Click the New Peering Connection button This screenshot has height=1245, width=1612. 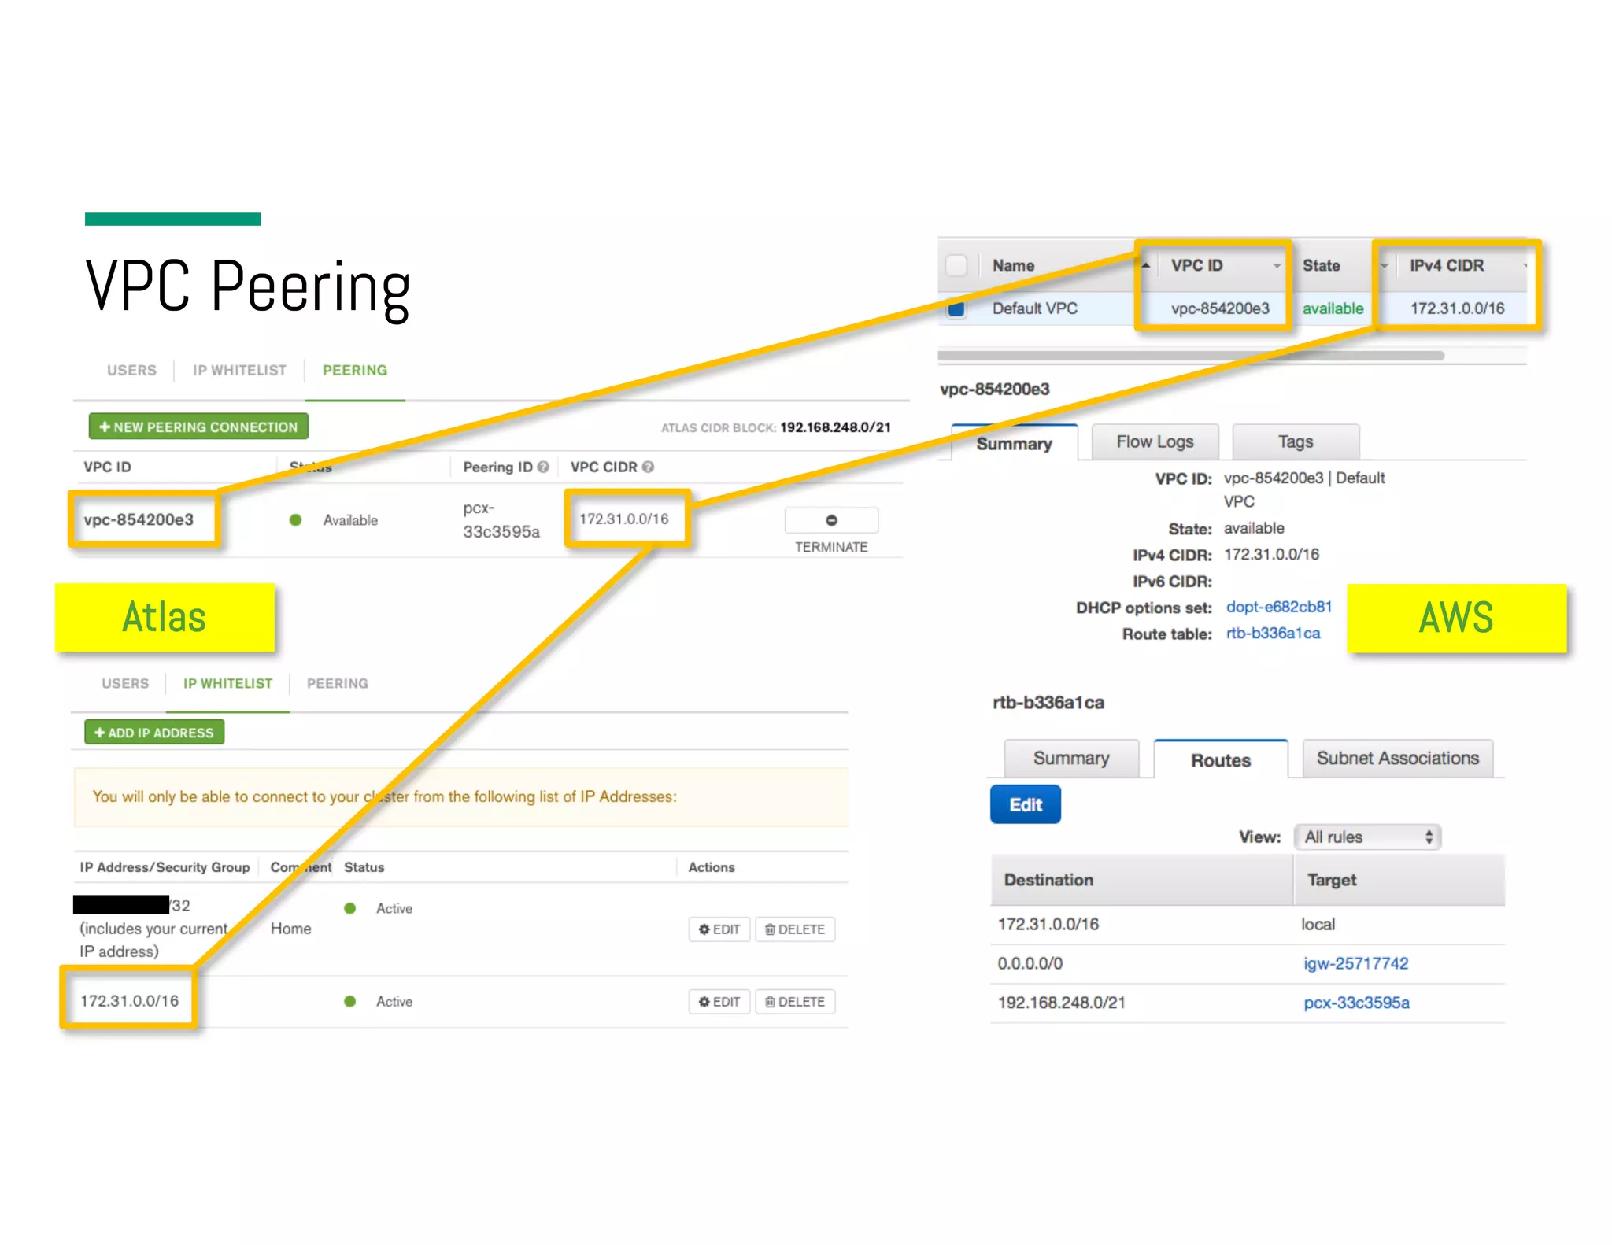(198, 427)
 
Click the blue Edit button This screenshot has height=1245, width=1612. (1025, 804)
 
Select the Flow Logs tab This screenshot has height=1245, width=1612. (1155, 442)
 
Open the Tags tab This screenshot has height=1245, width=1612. (1296, 442)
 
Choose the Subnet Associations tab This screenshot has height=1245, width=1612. (1397, 759)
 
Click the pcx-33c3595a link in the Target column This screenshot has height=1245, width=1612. (1356, 1003)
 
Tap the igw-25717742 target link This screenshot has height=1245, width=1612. (1355, 963)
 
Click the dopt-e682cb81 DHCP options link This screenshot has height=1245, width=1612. (1278, 607)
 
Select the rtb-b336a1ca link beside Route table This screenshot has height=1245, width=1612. (1273, 634)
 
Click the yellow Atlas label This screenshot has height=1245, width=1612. (165, 618)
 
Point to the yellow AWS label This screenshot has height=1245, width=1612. (1456, 618)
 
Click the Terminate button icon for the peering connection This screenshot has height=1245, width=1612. (831, 520)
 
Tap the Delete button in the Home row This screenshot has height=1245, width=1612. (795, 929)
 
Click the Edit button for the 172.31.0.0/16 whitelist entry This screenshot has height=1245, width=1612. (719, 1002)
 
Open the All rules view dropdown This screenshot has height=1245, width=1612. (1367, 837)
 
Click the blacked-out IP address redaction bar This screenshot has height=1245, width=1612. (121, 905)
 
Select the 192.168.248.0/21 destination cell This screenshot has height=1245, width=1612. (1061, 1003)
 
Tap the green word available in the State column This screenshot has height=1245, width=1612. (1333, 308)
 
